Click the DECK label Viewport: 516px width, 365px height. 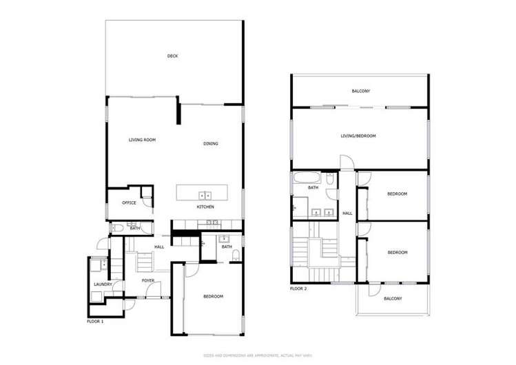click(173, 56)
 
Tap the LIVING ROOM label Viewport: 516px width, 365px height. click(142, 140)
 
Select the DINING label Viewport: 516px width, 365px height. click(211, 144)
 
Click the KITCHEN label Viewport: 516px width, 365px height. click(205, 207)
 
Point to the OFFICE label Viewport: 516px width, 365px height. click(129, 202)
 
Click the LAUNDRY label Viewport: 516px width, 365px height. click(103, 284)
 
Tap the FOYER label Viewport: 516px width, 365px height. click(148, 280)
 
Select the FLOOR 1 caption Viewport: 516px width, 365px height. click(95, 321)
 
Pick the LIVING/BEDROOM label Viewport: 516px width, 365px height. click(358, 136)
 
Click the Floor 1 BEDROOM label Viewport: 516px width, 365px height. click(213, 296)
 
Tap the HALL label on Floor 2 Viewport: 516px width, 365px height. click(347, 213)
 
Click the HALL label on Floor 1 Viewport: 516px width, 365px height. click(159, 246)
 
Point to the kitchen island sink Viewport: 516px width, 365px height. click(205, 196)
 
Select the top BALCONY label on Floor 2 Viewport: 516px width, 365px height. click(361, 91)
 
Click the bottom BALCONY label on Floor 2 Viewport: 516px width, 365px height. click(393, 298)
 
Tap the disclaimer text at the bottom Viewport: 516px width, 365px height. click(257, 355)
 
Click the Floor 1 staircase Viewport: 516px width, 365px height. click(145, 262)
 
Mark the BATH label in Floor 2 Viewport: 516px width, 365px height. click(313, 187)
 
